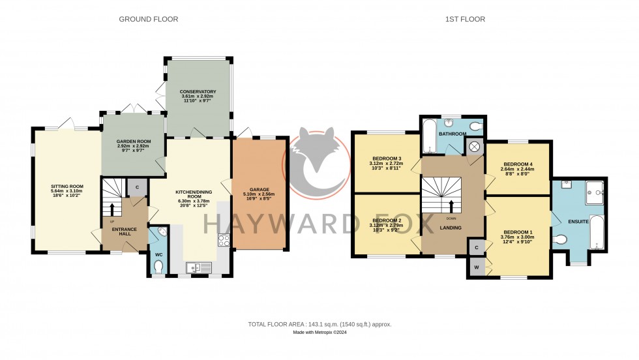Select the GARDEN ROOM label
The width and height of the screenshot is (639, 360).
[133, 141]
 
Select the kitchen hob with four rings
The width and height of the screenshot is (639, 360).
[224, 241]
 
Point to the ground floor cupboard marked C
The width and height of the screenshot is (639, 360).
[137, 188]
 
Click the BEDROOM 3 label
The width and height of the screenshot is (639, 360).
[387, 158]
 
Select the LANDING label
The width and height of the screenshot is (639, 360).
[451, 228]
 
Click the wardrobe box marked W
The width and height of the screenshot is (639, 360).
[475, 267]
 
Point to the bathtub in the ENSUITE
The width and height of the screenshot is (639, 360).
[597, 232]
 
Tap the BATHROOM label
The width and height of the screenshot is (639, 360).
[452, 134]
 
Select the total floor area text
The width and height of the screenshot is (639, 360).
[319, 324]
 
